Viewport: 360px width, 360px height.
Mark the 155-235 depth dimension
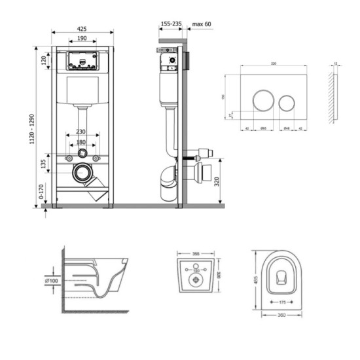point(170,24)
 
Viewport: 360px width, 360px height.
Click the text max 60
point(202,24)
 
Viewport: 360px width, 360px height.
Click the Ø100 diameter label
point(52,280)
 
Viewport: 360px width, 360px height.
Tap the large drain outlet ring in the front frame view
point(82,174)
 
